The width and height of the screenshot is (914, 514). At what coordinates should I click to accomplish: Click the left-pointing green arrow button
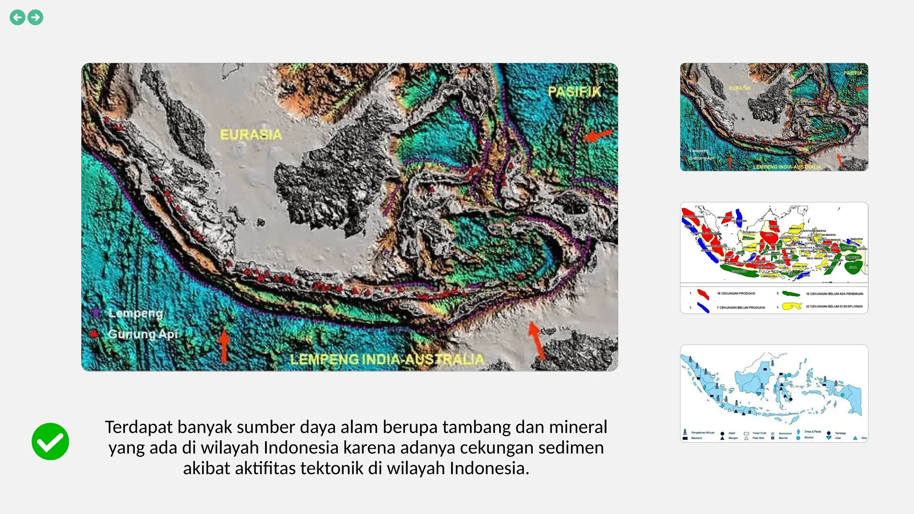17,17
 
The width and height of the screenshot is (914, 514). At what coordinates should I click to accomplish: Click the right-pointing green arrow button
35,17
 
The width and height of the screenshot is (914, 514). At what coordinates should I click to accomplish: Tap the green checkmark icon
50,441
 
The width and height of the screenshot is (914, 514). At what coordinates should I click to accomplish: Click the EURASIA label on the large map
251,134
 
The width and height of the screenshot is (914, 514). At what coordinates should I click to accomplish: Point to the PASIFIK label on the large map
575,92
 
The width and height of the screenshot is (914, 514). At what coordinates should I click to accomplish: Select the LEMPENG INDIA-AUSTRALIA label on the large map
387,359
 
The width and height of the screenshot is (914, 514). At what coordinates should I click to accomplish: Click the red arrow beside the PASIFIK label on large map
598,135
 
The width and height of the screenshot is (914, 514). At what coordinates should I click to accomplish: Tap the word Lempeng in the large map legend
136,313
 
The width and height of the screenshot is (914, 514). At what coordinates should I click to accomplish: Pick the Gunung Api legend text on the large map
143,334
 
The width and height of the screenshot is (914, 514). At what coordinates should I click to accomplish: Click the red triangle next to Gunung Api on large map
94,333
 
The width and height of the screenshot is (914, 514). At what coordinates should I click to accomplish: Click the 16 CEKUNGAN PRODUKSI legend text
736,294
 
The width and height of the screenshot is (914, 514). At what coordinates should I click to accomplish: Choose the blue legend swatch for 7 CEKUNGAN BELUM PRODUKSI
703,307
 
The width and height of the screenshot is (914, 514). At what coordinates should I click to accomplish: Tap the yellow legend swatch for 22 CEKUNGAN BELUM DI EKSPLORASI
792,307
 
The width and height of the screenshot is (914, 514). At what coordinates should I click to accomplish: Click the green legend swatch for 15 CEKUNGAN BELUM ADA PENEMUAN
791,294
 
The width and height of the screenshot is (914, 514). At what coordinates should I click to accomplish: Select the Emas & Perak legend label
813,431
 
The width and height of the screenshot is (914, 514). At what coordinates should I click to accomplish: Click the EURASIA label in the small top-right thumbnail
740,88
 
